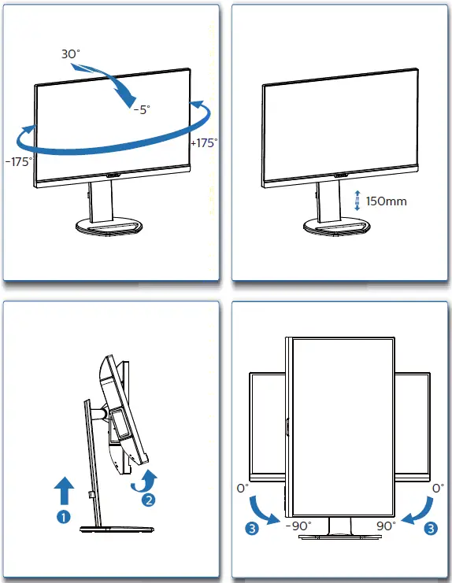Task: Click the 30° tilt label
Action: [71, 54]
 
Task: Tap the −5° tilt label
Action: [139, 110]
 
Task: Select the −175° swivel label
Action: [18, 161]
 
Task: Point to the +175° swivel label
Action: [204, 143]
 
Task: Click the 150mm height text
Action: [387, 201]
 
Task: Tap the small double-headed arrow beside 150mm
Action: [357, 201]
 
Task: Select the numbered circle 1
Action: [64, 517]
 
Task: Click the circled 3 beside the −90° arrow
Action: [251, 528]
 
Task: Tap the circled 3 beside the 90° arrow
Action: [430, 528]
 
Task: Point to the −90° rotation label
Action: [298, 526]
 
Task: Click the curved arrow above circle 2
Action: [149, 478]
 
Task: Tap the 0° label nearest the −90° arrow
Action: [243, 488]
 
